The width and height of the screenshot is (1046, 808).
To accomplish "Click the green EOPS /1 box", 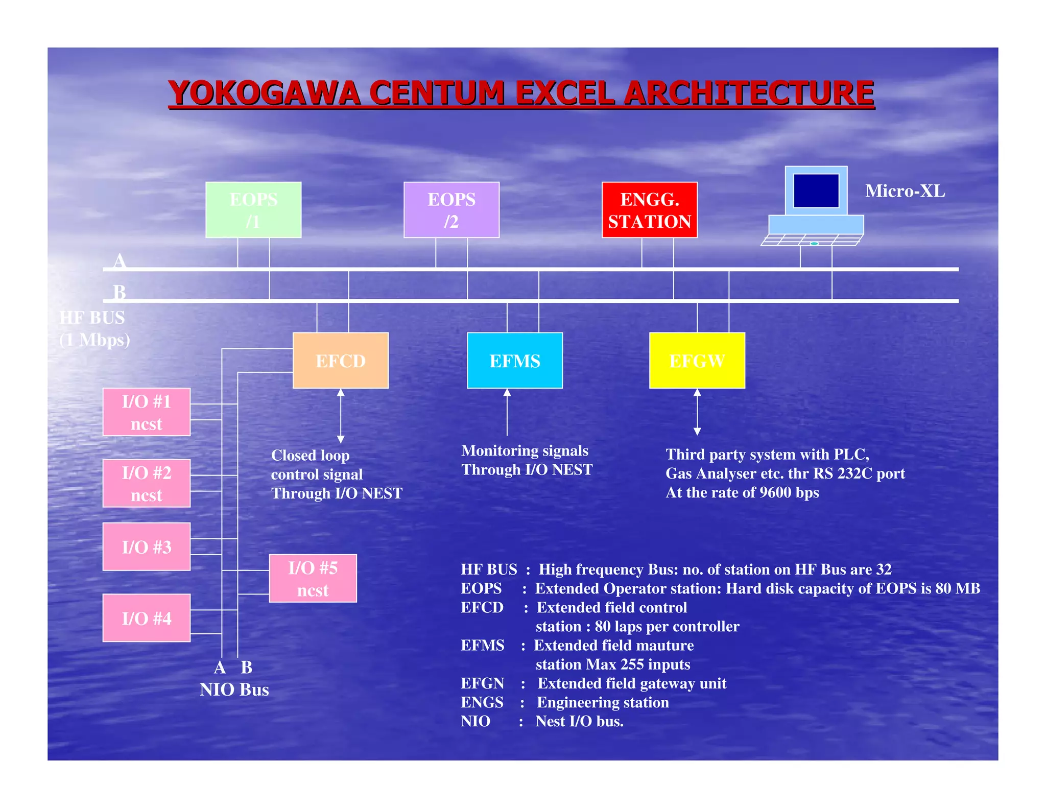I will [253, 210].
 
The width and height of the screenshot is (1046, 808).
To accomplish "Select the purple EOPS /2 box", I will [451, 210].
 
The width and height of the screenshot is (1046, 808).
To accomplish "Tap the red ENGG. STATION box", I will [649, 210].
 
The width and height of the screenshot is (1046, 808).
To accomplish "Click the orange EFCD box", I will [341, 361].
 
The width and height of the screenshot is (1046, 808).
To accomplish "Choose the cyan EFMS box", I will [515, 361].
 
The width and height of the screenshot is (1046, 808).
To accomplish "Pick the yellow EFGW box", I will [697, 361].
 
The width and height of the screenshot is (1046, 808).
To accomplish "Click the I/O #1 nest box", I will [147, 412].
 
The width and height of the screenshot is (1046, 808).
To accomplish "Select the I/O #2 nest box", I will [147, 483].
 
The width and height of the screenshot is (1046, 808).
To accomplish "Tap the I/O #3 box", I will [147, 546].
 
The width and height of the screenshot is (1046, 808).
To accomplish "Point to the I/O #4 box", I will [147, 618].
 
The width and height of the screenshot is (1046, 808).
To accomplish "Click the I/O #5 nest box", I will [313, 579].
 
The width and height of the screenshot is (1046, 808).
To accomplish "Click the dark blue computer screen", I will [816, 191].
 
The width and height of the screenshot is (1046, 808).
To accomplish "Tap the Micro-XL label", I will [905, 191].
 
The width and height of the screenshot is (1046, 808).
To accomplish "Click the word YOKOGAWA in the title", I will [264, 93].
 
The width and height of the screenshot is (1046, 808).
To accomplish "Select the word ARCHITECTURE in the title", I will [749, 93].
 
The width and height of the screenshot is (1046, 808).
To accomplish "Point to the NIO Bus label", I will [234, 690].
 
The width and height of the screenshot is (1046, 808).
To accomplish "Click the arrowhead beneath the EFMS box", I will [507, 393].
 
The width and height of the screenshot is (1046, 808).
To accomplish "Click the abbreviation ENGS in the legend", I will [482, 702].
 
